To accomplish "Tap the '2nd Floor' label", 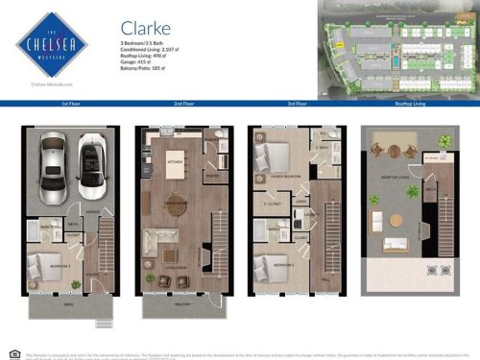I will tap(183, 103).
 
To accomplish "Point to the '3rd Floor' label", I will tap(297, 103).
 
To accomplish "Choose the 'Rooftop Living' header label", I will tap(410, 103).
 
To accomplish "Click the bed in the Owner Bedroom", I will tap(276, 158).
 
